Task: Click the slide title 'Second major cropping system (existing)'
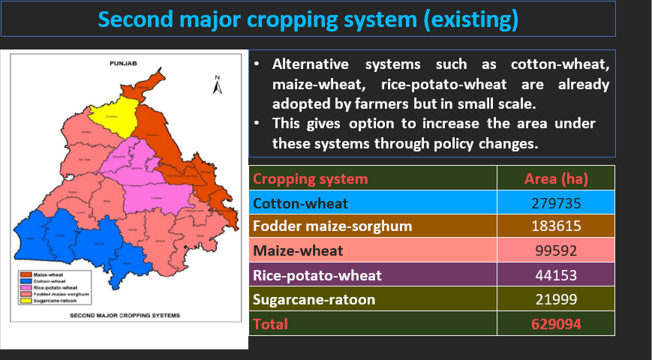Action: (308, 19)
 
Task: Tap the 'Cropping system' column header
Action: (311, 179)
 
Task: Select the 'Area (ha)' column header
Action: (555, 179)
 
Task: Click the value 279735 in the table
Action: (555, 203)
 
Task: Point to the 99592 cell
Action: (555, 251)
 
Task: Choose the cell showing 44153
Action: (555, 275)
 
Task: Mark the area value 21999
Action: (555, 299)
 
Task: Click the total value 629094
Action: (555, 324)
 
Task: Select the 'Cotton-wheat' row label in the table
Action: (290, 203)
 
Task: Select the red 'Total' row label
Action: (270, 324)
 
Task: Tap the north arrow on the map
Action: (216, 85)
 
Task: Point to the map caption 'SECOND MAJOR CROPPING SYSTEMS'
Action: (125, 316)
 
